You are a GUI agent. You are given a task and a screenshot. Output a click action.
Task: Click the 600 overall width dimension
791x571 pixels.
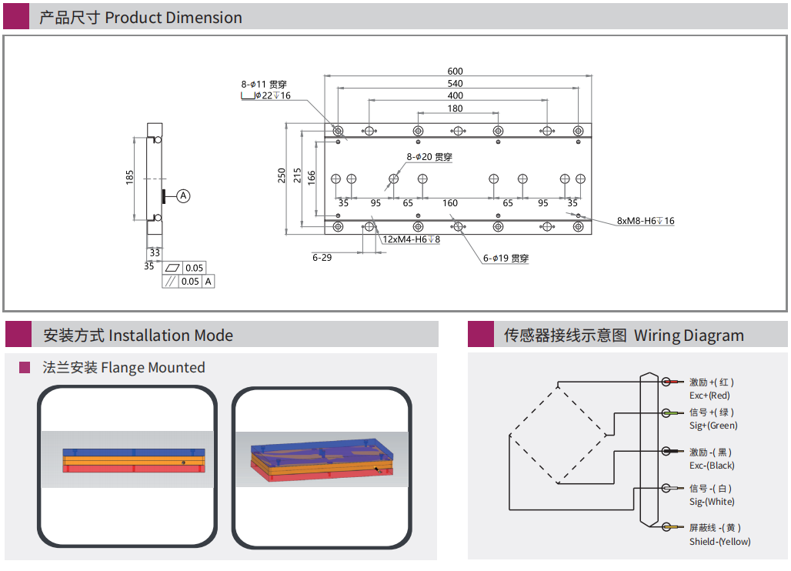point(456,72)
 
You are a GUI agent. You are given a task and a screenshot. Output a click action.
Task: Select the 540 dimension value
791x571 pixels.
point(456,84)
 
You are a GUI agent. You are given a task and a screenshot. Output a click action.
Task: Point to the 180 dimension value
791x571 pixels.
point(456,109)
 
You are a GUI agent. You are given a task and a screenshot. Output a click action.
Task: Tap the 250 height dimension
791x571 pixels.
point(282,175)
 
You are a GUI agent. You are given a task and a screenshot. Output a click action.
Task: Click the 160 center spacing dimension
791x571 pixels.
point(450,203)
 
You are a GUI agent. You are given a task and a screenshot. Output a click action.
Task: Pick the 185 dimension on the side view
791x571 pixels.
point(130,177)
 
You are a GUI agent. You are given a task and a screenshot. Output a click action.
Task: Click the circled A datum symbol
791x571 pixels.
point(183,195)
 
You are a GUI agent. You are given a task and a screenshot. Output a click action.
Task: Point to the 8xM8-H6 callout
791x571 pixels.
point(646,221)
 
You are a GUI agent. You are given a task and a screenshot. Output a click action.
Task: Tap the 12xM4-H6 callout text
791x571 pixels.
point(412,239)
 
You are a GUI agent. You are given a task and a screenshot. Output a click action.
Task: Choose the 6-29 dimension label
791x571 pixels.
point(322,257)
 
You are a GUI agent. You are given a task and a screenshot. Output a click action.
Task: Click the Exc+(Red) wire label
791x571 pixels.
point(709,395)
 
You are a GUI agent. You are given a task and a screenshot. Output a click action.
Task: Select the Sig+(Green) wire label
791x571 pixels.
point(713,426)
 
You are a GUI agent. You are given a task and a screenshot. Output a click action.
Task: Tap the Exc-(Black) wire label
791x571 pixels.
point(712,466)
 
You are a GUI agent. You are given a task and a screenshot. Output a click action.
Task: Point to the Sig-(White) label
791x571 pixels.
point(712,502)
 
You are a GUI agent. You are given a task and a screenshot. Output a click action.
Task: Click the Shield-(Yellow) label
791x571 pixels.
point(719,542)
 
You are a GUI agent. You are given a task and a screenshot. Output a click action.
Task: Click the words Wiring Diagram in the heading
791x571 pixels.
point(689,336)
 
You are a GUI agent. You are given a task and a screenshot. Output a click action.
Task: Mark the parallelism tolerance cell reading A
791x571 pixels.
point(209,282)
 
